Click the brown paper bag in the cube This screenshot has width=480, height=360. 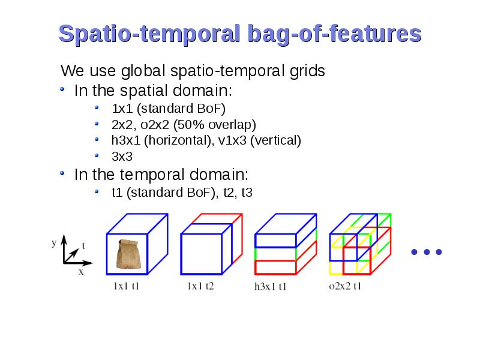tap(128, 254)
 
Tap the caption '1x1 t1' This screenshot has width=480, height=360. tap(126, 286)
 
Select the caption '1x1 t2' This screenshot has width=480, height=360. tap(200, 286)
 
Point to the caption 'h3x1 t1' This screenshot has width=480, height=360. tap(271, 286)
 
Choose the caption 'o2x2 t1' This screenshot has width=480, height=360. tap(345, 286)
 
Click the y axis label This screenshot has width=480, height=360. tap(54, 243)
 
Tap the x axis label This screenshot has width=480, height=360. tap(81, 272)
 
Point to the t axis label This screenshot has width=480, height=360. tap(83, 245)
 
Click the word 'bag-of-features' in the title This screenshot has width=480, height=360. tap(335, 34)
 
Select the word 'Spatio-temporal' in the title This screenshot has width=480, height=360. tap(149, 34)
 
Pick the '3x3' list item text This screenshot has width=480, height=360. tap(122, 157)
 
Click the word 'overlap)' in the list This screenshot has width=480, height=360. tap(232, 125)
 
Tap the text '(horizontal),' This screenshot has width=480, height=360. tap(179, 140)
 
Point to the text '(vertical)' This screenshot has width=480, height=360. tap(275, 140)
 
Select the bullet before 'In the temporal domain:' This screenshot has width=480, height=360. tap(62, 173)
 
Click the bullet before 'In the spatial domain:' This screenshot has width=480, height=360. tap(62, 89)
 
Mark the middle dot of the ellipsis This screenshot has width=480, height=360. tap(427, 252)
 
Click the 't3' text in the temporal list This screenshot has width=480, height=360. tap(247, 193)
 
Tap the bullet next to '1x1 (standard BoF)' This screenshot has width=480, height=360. tap(97, 107)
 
